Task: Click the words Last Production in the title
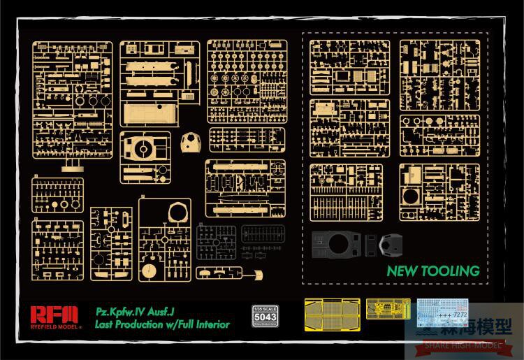tap(129, 324)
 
